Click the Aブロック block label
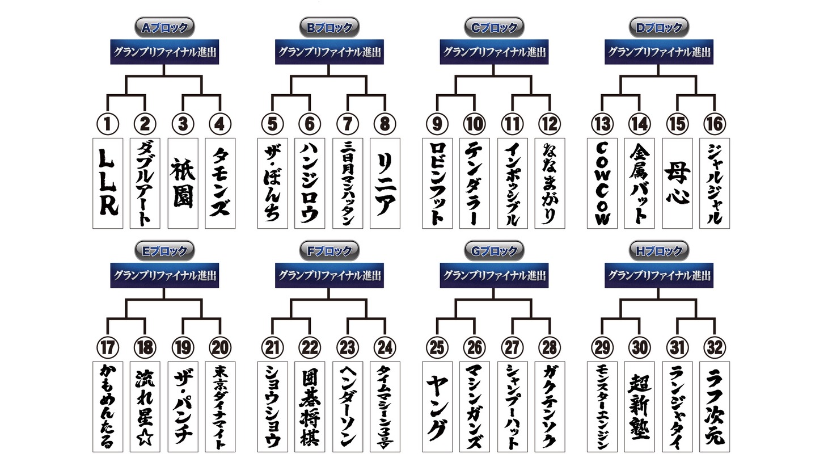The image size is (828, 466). (x=164, y=27)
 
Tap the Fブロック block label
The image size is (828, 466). (x=329, y=251)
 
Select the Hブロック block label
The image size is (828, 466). (x=659, y=251)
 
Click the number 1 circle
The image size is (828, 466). (x=108, y=124)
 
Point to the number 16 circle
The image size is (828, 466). (x=715, y=124)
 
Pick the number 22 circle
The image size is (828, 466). (x=310, y=347)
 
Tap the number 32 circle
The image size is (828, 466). (x=715, y=347)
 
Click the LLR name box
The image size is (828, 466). (x=108, y=183)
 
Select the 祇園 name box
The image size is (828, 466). (x=183, y=183)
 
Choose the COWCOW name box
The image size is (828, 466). (x=602, y=183)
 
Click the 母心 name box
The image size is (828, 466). (x=677, y=183)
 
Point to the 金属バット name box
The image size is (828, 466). (x=639, y=183)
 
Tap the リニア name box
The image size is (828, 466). (x=385, y=183)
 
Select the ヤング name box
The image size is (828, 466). (x=437, y=406)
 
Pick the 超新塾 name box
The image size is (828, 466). (x=639, y=406)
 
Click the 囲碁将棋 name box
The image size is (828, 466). (x=310, y=406)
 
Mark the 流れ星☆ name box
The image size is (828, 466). (x=145, y=406)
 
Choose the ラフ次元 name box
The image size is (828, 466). (x=715, y=406)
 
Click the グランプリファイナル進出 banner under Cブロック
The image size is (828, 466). (x=494, y=52)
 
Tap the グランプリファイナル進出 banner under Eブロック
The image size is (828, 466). (x=164, y=276)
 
